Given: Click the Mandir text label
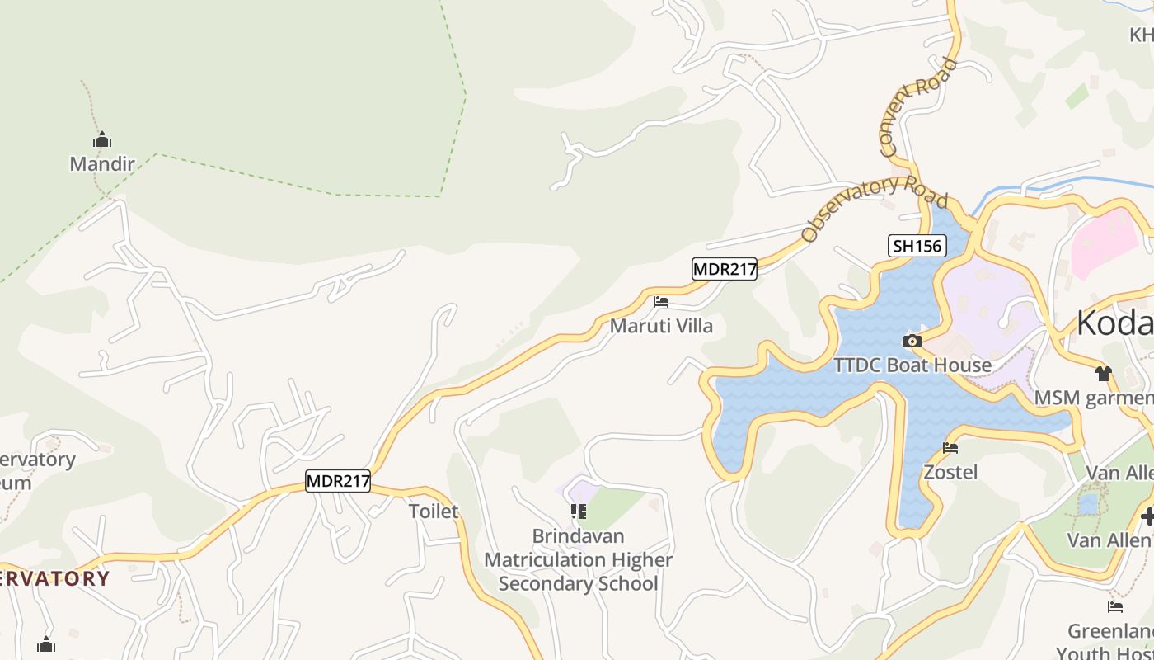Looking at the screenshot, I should coord(101,163).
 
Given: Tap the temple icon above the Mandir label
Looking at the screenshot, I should coord(101,139).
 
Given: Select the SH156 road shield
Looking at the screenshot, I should coord(917,245).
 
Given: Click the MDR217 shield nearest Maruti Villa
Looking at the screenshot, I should coord(724,268).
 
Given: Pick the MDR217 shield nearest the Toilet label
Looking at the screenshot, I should coord(338,481).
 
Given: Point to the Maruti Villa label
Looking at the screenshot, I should coord(661,326).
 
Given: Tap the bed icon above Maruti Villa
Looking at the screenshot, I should coord(661,302).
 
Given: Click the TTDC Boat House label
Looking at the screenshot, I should coord(912,365).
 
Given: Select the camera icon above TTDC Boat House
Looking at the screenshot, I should coord(912,341).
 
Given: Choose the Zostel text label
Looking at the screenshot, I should coord(950,472).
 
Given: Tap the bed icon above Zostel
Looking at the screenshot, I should coord(950,448).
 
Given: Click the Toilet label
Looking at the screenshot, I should coord(434,511).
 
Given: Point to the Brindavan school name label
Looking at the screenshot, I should coord(578,560).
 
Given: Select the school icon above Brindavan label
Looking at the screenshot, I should coord(579,511).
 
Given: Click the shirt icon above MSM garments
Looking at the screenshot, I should coord(1104,374).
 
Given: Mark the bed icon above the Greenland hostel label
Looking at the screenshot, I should coord(1115,607).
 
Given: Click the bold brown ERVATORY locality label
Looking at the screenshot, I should coord(54,578).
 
